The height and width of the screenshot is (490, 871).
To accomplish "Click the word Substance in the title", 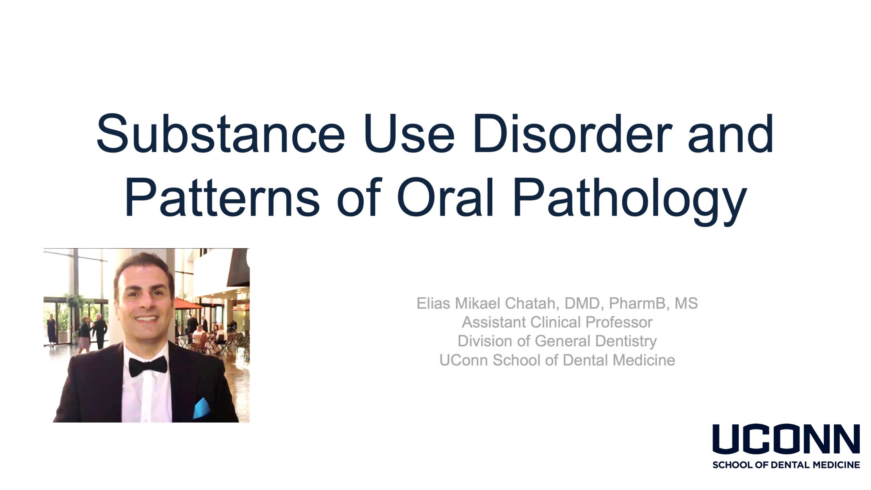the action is (x=221, y=133).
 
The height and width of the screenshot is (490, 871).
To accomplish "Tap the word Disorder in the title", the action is (x=572, y=133).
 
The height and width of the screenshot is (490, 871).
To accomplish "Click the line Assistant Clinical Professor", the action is (x=557, y=322).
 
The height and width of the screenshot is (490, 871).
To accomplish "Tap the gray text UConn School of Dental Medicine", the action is (x=557, y=360).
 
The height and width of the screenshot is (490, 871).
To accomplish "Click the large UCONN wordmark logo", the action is (x=786, y=439).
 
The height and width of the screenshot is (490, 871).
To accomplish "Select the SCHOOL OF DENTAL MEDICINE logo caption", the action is (x=786, y=465).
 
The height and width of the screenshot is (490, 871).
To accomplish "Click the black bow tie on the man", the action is (x=148, y=366).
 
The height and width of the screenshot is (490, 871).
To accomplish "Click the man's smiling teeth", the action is (x=147, y=320).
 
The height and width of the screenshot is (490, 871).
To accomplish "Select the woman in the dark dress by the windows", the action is (x=51, y=330).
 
